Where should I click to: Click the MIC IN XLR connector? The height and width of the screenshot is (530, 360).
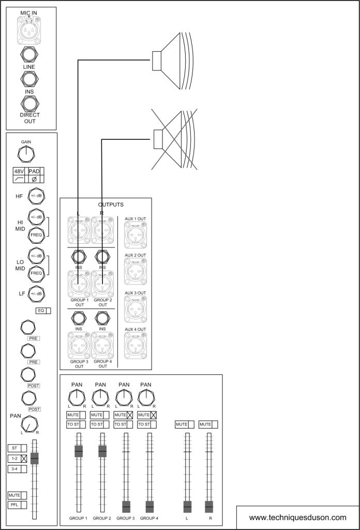point(31,30)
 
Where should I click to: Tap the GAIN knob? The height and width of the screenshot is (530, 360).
point(26,154)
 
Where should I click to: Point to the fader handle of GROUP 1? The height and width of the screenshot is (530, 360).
point(79,451)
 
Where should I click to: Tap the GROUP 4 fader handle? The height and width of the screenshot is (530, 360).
point(149,507)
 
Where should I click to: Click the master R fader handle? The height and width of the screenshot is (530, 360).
point(209,507)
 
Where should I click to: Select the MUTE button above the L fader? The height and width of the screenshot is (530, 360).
point(184,424)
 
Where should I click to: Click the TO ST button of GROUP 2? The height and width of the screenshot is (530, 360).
point(100,424)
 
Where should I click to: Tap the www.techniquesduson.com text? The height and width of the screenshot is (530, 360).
point(297,517)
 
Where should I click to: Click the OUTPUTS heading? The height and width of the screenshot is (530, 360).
point(111,204)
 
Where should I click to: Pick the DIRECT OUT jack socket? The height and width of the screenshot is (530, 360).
point(30,102)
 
